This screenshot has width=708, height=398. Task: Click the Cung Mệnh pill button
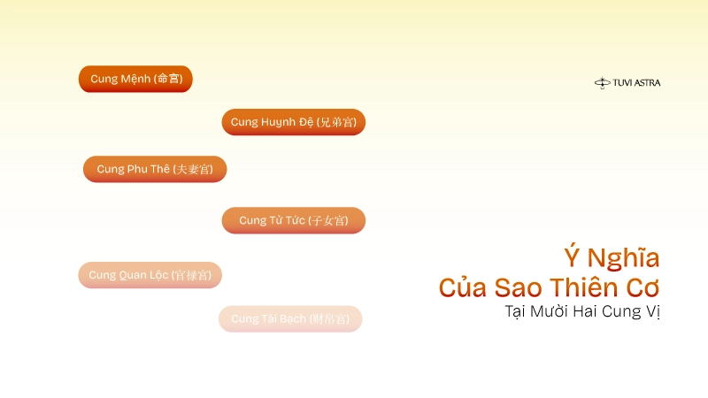pyautogui.click(x=135, y=79)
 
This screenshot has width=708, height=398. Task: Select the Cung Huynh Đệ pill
pyautogui.click(x=293, y=122)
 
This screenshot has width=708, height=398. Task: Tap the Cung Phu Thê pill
pyautogui.click(x=155, y=169)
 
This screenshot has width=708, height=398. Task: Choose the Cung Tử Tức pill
pyautogui.click(x=293, y=220)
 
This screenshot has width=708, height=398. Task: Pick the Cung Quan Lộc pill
pyautogui.click(x=150, y=275)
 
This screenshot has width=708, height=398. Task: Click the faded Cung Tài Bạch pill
pyautogui.click(x=290, y=318)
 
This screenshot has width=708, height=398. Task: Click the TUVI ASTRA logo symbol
pyautogui.click(x=602, y=83)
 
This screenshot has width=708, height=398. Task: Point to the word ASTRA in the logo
pyautogui.click(x=647, y=83)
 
